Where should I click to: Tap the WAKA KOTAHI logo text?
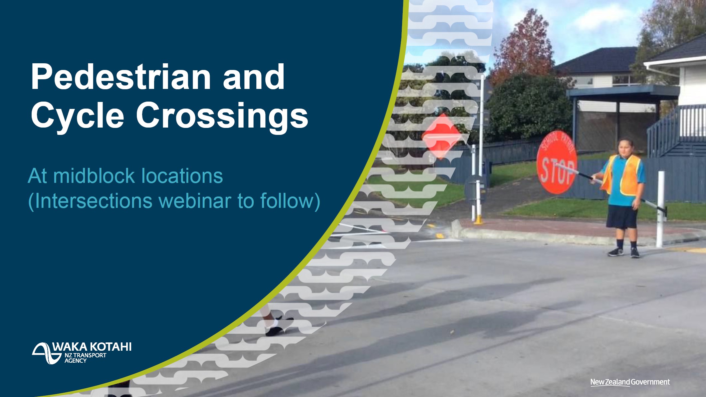pyautogui.click(x=92, y=347)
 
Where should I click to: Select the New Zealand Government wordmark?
pyautogui.click(x=630, y=382)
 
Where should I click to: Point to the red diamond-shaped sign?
pyautogui.click(x=442, y=137)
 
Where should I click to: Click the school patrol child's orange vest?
pyautogui.click(x=621, y=175)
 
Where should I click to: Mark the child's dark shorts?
pyautogui.click(x=622, y=216)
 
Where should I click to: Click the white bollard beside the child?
pyautogui.click(x=660, y=209)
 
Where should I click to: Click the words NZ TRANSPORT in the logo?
pyautogui.click(x=85, y=355)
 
